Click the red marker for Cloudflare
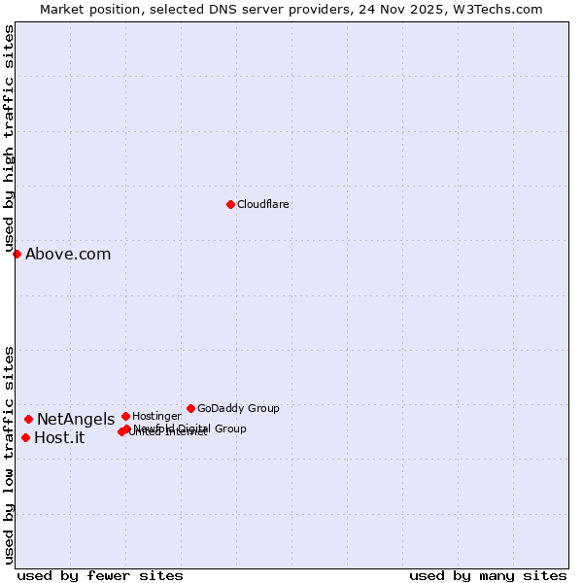(230, 204)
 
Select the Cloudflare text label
(262, 205)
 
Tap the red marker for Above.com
(17, 254)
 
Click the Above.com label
(68, 255)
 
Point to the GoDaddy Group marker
(190, 408)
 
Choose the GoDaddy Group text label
(238, 409)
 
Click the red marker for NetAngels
(28, 419)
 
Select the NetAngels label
(76, 420)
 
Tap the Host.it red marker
(25, 437)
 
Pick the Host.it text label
(59, 438)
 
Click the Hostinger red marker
(125, 416)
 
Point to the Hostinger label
(156, 417)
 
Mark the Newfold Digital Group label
(190, 429)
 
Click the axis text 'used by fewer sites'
(100, 575)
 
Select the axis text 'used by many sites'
(488, 575)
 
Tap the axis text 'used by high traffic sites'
(9, 138)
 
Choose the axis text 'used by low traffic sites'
(9, 455)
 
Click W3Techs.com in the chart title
(501, 9)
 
